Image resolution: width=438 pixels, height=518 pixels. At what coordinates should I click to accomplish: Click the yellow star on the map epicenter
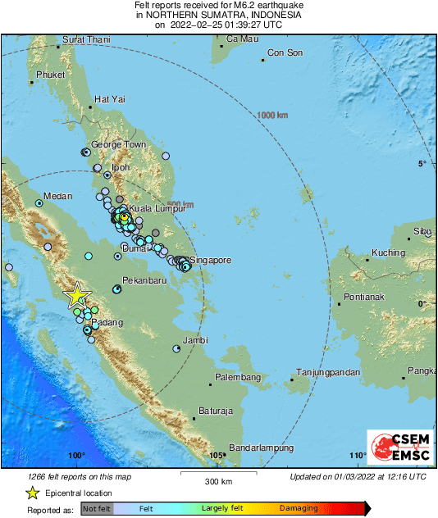pyautogui.click(x=77, y=295)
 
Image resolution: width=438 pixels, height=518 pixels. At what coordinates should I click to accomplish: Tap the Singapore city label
pyautogui.click(x=211, y=261)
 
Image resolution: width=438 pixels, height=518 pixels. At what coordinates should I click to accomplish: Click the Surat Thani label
pyautogui.click(x=87, y=39)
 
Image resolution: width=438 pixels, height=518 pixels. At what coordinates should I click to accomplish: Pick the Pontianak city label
pyautogui.click(x=365, y=295)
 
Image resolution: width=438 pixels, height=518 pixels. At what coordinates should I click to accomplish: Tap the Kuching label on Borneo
pyautogui.click(x=389, y=252)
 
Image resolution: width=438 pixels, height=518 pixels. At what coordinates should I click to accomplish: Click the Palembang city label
pyautogui.click(x=238, y=377)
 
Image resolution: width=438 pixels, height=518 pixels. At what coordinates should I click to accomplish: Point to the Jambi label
pyautogui.click(x=195, y=339)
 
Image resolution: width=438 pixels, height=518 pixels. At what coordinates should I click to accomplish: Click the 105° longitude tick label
pyautogui.click(x=217, y=456)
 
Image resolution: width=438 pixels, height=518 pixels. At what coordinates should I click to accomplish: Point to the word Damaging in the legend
pyautogui.click(x=299, y=509)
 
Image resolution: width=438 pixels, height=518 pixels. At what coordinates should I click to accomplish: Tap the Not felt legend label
pyautogui.click(x=96, y=509)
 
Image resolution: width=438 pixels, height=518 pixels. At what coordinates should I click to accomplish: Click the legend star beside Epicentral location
pyautogui.click(x=31, y=493)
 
